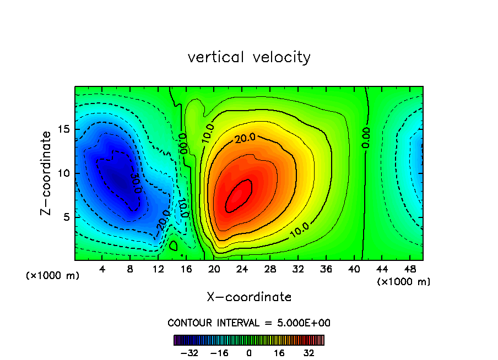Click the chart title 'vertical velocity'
(249, 57)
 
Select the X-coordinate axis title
(249, 297)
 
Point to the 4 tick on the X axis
(102, 269)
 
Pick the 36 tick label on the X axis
(326, 269)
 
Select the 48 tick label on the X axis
(409, 269)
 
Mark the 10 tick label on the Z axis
(61, 173)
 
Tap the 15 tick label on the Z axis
(61, 129)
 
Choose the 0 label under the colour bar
(249, 353)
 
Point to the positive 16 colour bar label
(279, 353)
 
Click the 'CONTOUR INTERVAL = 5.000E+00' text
(249, 323)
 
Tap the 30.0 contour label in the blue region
(136, 182)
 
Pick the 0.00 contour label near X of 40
(366, 137)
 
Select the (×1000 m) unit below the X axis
(404, 282)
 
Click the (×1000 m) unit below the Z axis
(53, 276)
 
